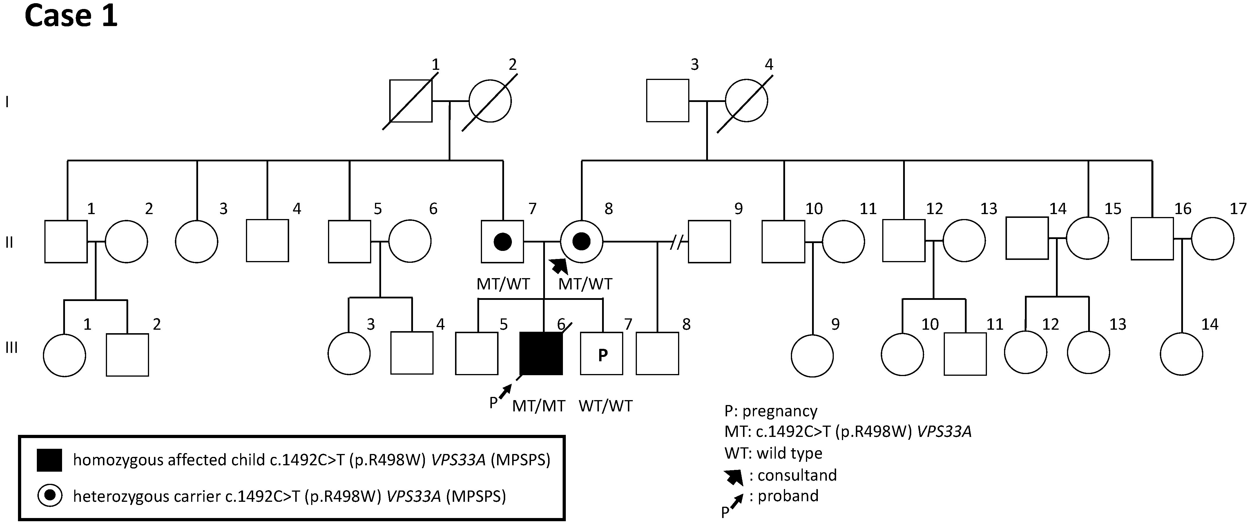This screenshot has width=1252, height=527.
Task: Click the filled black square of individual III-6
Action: [x=541, y=353]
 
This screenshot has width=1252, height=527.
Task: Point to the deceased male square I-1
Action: [x=411, y=101]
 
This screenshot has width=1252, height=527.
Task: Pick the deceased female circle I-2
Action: [x=490, y=101]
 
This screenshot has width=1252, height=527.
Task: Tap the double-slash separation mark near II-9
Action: [x=675, y=241]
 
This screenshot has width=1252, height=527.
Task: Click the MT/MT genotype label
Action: [x=539, y=406]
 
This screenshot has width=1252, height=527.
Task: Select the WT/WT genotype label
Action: [x=606, y=406]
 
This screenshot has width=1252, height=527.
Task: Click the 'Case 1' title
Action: [x=71, y=16]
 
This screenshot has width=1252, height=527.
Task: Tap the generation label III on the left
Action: [x=12, y=348]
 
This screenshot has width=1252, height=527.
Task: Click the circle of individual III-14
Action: [x=1181, y=354]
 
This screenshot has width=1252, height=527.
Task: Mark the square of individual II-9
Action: [x=709, y=241]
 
